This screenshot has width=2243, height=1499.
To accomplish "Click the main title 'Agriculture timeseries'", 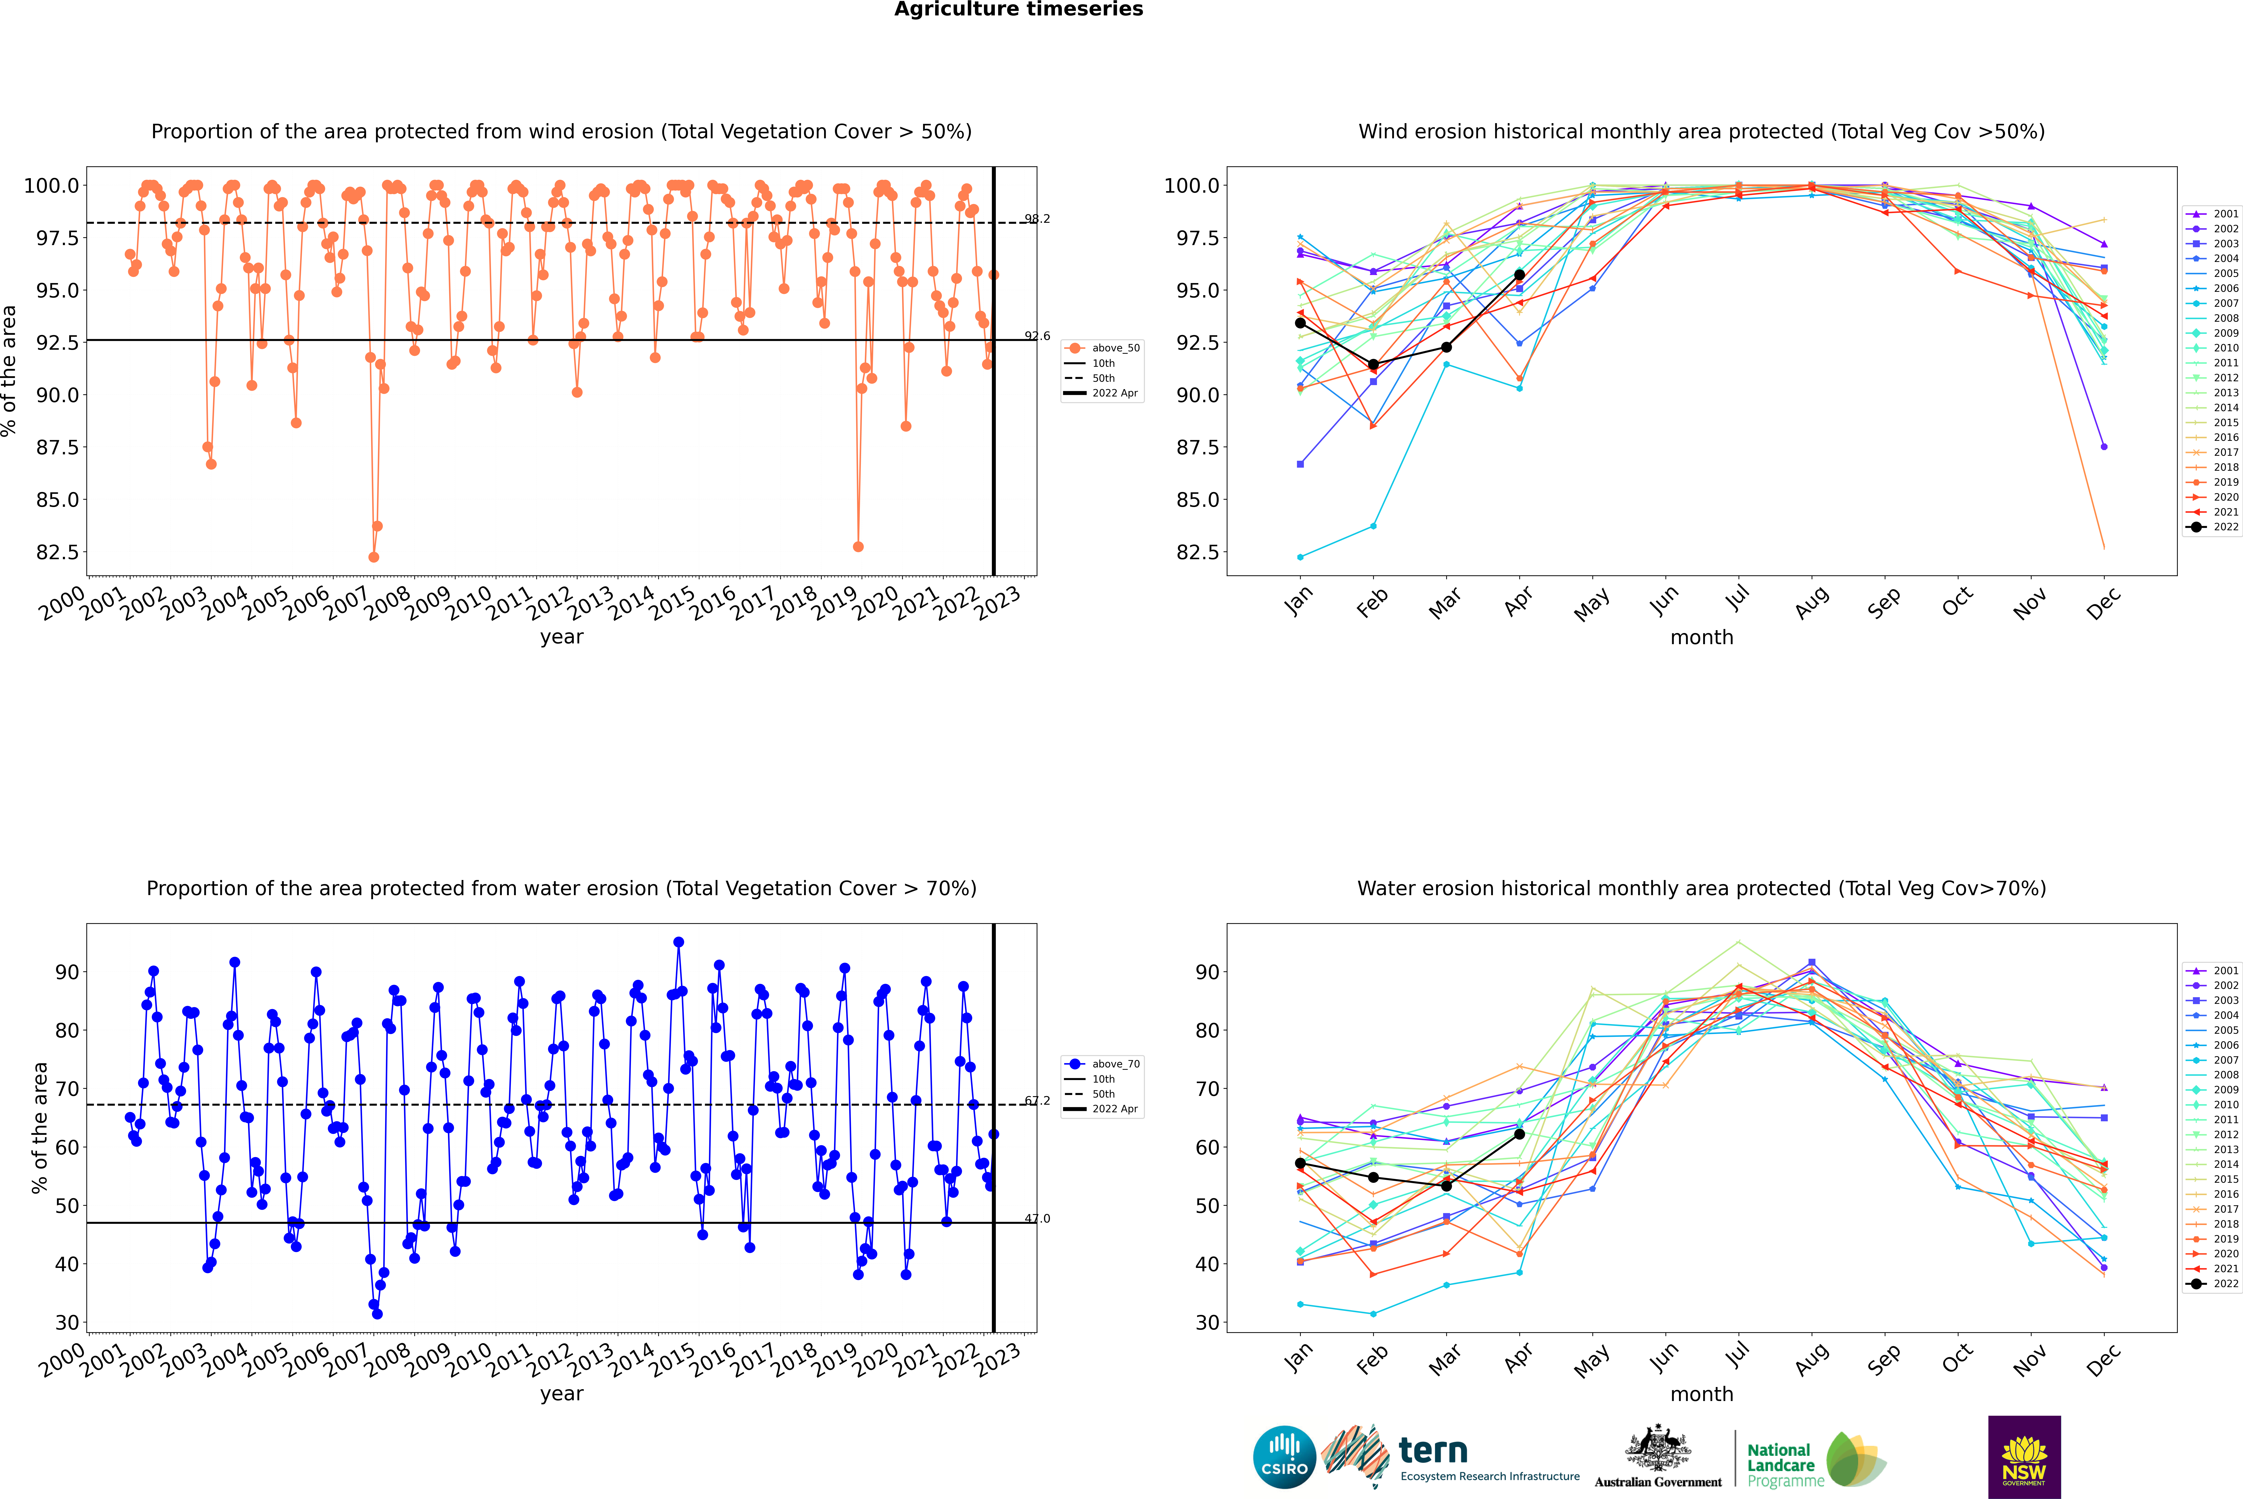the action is [1018, 9].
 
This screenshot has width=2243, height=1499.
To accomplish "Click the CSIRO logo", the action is [1284, 1457].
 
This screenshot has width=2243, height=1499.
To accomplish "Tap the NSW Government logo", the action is [2024, 1457].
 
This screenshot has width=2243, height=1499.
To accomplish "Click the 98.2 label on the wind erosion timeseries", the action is [1037, 219].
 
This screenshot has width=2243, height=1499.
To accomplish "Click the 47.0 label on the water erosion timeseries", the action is [1037, 1219].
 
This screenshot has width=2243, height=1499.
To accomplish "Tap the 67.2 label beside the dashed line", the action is [1037, 1100].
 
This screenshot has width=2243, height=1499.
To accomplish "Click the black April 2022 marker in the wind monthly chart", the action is [1519, 275].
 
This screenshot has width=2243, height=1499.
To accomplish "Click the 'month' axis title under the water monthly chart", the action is [1702, 1394].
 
